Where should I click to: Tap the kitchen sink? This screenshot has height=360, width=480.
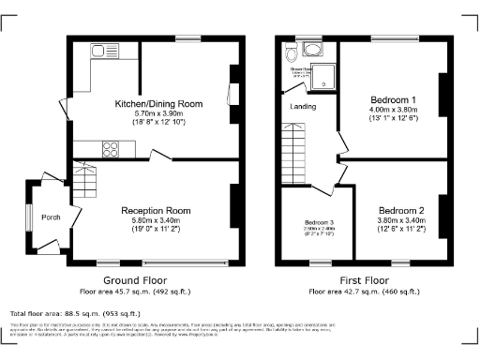[x=97, y=52]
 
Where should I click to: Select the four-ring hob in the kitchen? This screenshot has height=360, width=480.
[x=111, y=146]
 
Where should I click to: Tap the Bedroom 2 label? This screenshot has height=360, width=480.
[x=402, y=210]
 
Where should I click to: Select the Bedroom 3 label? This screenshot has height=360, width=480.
[x=319, y=222]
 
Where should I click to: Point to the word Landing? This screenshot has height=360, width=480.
[x=302, y=106]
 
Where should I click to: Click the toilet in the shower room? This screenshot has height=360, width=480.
[x=293, y=51]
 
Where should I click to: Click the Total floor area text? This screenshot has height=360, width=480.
[x=75, y=313]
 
